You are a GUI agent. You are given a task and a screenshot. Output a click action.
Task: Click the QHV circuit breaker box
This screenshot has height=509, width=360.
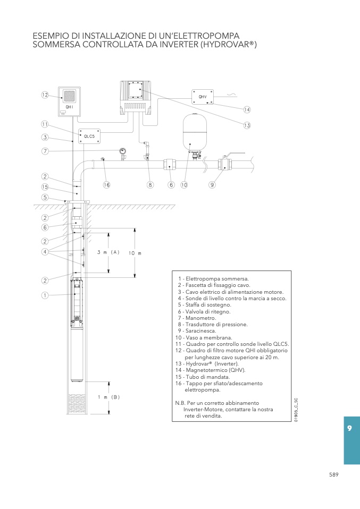(x=203, y=97)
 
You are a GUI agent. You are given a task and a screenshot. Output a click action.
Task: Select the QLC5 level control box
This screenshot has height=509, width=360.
(x=89, y=137)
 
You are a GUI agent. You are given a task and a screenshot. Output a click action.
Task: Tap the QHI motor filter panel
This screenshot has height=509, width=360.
(x=69, y=101)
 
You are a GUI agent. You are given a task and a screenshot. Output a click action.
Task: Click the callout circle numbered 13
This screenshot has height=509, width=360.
(x=247, y=125)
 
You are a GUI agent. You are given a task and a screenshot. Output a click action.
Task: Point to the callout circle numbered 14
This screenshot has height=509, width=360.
(x=247, y=110)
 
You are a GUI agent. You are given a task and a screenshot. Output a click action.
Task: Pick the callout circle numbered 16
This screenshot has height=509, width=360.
(x=106, y=185)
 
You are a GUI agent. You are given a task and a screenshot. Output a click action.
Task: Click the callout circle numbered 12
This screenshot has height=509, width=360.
(x=45, y=95)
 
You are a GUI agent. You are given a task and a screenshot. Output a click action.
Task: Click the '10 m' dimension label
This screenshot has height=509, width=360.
(x=135, y=253)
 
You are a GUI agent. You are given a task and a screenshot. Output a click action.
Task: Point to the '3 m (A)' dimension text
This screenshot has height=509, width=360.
(x=108, y=252)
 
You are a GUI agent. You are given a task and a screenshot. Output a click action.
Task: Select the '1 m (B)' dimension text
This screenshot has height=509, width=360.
(x=109, y=397)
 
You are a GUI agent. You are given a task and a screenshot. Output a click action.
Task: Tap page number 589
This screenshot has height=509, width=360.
(x=334, y=474)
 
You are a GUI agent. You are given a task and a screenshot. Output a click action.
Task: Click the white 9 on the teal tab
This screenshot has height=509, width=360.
(x=349, y=428)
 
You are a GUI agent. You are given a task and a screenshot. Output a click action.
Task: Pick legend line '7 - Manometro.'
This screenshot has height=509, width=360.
(x=197, y=318)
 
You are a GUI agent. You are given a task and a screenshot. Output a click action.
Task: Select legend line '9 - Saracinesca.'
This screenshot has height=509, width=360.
(x=197, y=331)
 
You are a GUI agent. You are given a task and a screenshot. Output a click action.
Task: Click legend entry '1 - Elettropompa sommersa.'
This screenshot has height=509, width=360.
(x=213, y=279)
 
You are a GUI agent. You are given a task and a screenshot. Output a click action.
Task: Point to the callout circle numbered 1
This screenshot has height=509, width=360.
(x=45, y=295)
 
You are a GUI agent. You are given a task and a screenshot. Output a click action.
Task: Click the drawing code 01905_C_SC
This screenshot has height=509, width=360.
(x=296, y=410)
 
